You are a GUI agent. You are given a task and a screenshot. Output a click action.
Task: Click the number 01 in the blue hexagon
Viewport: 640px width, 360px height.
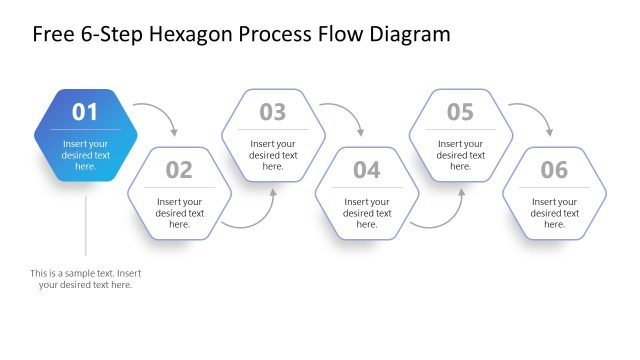[85, 112]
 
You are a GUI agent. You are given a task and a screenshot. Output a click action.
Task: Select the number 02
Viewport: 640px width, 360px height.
[179, 170]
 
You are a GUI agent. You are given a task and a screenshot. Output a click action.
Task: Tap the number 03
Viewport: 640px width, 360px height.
[273, 112]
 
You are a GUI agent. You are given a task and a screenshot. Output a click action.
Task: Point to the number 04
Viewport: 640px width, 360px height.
[367, 170]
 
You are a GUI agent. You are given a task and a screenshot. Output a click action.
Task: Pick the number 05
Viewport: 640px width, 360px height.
[460, 112]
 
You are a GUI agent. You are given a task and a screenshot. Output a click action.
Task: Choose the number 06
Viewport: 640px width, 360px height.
[554, 170]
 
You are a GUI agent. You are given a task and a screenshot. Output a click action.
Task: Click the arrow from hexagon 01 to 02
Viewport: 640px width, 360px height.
[160, 112]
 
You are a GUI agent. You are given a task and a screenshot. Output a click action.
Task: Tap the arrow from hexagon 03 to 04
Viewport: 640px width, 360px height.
[347, 112]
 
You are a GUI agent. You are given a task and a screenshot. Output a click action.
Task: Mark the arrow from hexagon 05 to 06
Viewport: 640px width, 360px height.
[535, 112]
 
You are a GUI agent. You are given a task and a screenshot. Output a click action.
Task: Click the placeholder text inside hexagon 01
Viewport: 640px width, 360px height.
[85, 155]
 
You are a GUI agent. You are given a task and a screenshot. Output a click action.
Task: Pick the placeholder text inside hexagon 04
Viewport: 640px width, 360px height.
[367, 213]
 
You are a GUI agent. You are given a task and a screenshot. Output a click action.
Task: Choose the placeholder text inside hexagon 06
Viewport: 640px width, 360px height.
[554, 213]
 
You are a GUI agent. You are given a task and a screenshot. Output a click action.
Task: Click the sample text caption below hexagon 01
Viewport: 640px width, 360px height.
[85, 279]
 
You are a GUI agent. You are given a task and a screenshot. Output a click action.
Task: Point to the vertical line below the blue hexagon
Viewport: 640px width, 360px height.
[85, 225]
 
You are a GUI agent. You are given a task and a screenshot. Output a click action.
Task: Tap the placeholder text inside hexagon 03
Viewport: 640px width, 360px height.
[273, 155]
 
